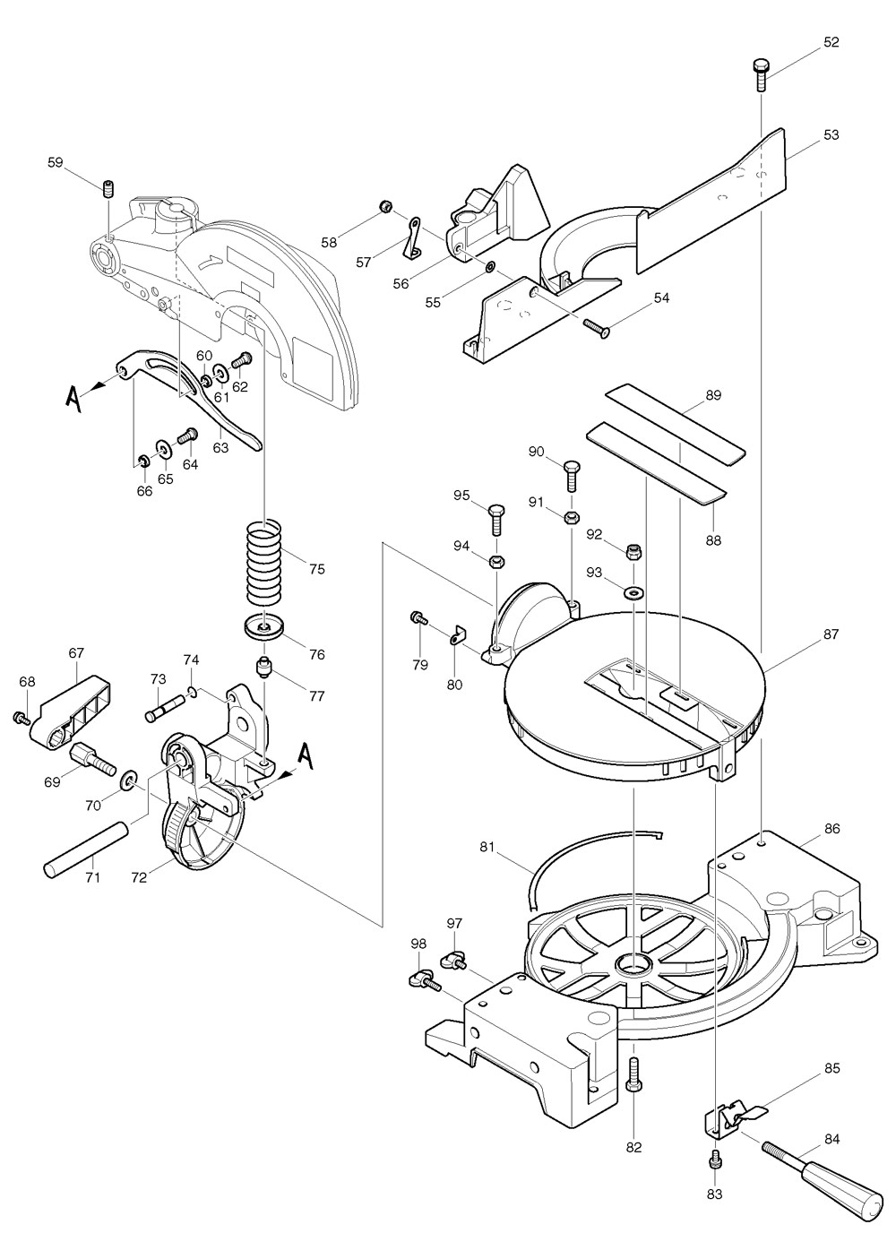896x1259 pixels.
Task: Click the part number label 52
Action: (831, 42)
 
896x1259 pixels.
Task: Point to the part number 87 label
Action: (831, 634)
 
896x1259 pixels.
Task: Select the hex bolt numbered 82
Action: (634, 1074)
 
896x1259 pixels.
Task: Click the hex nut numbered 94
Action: (495, 562)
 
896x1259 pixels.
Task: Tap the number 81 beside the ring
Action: (487, 847)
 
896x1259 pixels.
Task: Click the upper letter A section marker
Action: (74, 396)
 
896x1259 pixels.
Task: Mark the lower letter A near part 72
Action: (306, 757)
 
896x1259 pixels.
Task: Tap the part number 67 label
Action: (76, 653)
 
